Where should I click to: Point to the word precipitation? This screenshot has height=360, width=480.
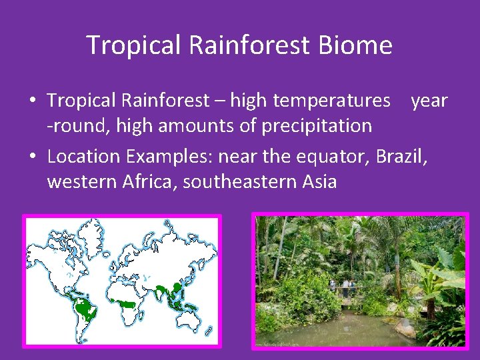click(x=317, y=125)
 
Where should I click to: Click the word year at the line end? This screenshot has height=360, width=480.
click(x=429, y=101)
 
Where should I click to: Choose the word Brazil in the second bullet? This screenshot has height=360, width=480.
click(x=400, y=156)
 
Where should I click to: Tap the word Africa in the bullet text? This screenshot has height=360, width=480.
click(x=149, y=181)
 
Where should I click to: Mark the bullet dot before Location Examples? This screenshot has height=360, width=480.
click(x=33, y=157)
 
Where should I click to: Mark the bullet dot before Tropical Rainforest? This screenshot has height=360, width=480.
click(x=33, y=101)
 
